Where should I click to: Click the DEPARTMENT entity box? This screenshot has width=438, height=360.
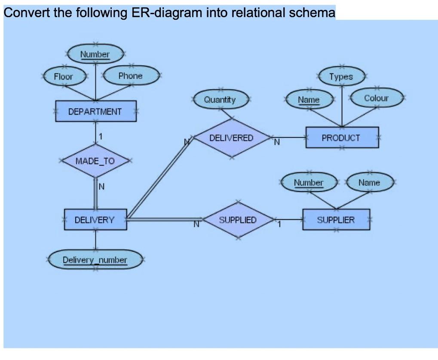pyautogui.click(x=95, y=111)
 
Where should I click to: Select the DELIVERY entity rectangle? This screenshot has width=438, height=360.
pyautogui.click(x=95, y=220)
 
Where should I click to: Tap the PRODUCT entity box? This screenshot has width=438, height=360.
pyautogui.click(x=342, y=137)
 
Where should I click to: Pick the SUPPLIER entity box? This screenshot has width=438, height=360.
pyautogui.click(x=336, y=220)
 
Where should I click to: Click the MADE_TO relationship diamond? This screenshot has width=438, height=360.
pyautogui.click(x=95, y=161)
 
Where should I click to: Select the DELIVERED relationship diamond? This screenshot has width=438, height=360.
pyautogui.click(x=231, y=137)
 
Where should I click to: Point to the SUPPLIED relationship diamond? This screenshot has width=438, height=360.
pyautogui.click(x=238, y=220)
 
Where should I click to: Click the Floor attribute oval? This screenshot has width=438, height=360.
pyautogui.click(x=64, y=76)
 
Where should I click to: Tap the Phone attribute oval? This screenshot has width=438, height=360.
pyautogui.click(x=130, y=76)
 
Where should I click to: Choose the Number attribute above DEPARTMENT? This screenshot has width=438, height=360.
pyautogui.click(x=95, y=54)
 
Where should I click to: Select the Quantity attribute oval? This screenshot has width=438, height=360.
pyautogui.click(x=220, y=99)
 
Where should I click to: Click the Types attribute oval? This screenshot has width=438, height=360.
pyautogui.click(x=341, y=76)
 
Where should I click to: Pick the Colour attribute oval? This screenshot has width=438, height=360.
pyautogui.click(x=376, y=98)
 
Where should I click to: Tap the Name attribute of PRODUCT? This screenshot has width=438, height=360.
pyautogui.click(x=309, y=100)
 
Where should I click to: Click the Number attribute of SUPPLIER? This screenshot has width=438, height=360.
pyautogui.click(x=308, y=183)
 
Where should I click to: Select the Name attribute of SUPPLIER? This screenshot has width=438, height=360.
pyautogui.click(x=369, y=182)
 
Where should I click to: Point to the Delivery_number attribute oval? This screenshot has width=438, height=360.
pyautogui.click(x=95, y=260)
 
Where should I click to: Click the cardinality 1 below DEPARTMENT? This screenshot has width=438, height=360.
pyautogui.click(x=100, y=136)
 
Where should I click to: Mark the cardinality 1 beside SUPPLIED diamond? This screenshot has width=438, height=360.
pyautogui.click(x=279, y=224)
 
